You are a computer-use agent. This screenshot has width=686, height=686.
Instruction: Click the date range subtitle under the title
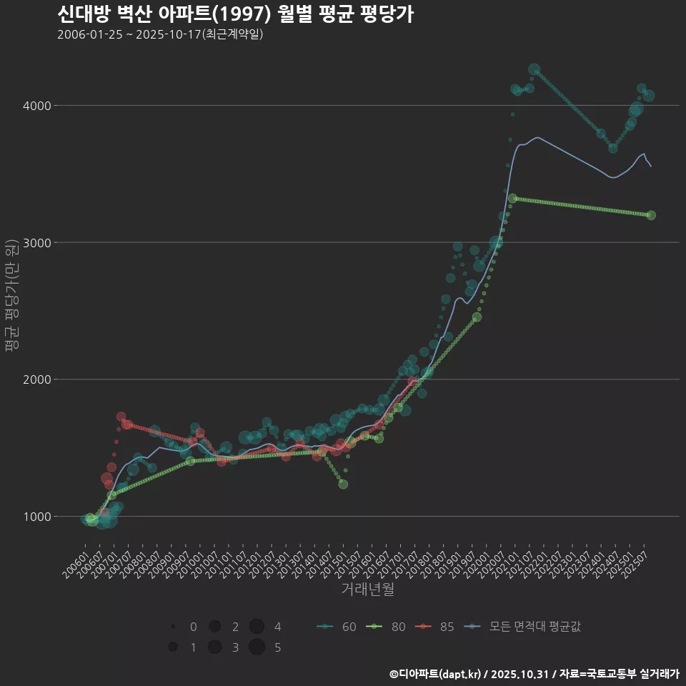coord(160,34)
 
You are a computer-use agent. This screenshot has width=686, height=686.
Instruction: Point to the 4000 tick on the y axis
coord(37,106)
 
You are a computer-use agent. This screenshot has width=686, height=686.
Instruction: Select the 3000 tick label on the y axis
coord(37,243)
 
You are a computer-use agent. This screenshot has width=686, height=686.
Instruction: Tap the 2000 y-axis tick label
coord(37,379)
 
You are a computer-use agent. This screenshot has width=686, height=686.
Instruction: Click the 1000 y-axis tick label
coord(37,517)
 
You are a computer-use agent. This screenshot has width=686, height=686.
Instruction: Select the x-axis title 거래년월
coord(367,590)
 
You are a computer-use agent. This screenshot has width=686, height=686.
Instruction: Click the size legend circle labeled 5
coord(257,647)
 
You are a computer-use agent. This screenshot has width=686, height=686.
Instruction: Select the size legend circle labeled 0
coord(173,627)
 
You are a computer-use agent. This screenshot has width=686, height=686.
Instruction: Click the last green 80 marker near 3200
coord(651,215)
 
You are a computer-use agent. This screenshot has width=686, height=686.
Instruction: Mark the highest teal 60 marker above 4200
coord(534,69)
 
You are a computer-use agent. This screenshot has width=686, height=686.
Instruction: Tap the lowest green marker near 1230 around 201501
coord(343,484)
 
